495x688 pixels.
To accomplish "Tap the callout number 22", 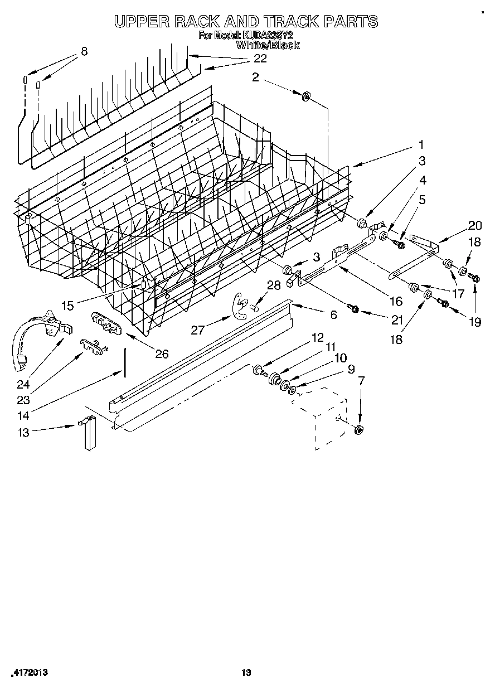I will click(260, 58).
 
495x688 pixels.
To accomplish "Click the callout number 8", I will click(84, 51).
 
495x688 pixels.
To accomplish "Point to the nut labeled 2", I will click(306, 97).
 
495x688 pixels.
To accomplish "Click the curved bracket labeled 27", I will click(240, 307).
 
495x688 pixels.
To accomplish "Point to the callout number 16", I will click(396, 302).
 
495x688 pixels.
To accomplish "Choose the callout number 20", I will click(475, 225).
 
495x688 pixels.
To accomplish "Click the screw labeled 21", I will click(352, 307).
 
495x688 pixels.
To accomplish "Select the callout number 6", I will click(333, 315).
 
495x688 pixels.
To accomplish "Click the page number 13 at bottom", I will click(246, 673).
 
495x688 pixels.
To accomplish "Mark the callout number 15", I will click(67, 306).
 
